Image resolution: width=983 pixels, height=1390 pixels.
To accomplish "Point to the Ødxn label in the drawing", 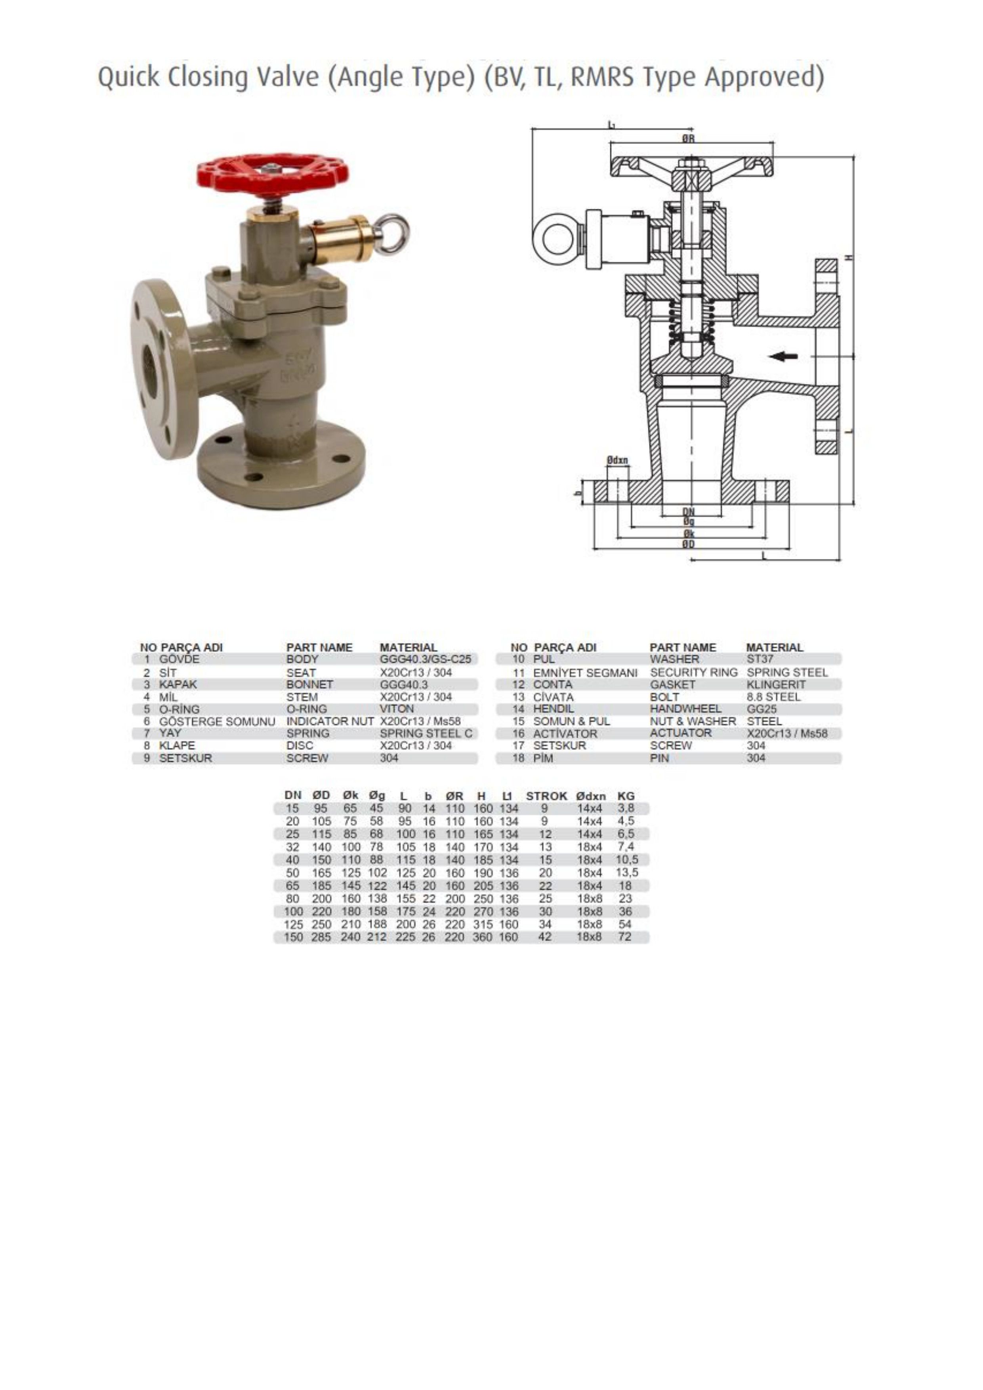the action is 618,460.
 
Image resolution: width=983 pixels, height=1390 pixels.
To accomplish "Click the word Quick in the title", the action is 129,78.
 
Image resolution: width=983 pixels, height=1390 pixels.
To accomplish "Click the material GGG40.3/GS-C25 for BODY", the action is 425,659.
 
